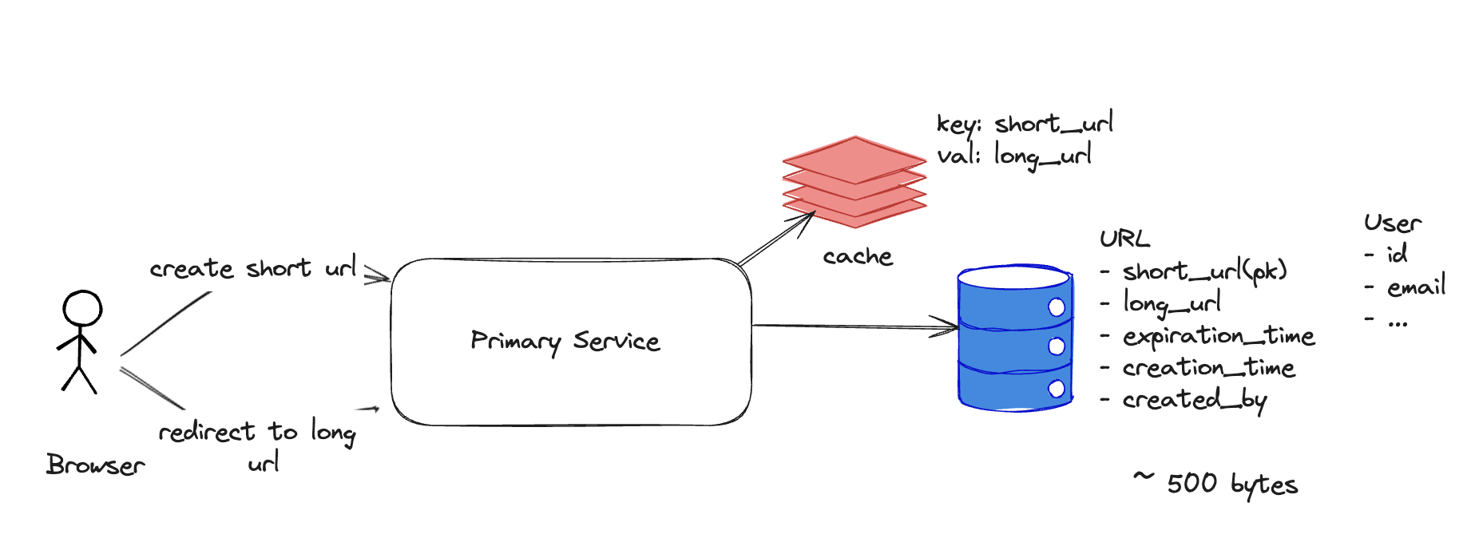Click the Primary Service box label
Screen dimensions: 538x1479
565,342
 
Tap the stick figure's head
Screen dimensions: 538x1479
82,308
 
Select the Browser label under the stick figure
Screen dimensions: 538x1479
95,465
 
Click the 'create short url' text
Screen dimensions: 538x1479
253,268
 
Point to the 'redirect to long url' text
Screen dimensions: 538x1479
257,445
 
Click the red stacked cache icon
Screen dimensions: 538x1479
854,181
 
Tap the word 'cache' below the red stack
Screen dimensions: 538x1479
858,257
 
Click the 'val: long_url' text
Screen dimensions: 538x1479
1014,156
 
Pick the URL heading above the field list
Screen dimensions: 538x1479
1124,239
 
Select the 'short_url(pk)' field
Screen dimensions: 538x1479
1204,271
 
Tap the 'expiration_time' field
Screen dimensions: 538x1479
1218,336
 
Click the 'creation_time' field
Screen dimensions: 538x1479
1208,368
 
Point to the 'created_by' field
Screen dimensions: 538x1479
1194,400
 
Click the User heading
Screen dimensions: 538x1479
1393,224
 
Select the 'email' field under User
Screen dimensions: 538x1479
1416,287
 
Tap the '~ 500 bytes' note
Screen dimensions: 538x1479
1216,484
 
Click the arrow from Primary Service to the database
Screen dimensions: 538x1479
854,326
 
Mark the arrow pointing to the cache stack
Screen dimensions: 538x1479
776,238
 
